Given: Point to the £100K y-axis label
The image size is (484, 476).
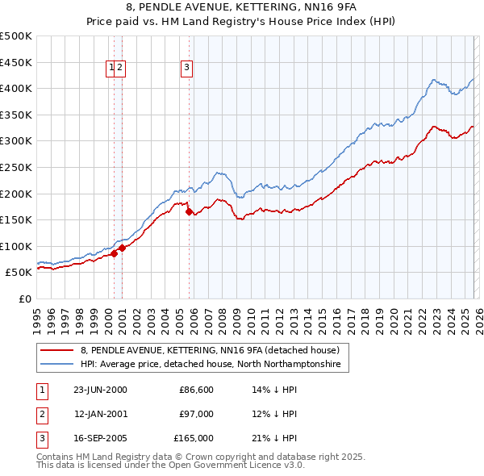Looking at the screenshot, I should click(x=17, y=246).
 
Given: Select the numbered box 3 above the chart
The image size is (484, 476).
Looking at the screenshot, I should click(x=186, y=69).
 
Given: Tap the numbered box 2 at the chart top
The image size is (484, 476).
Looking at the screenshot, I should click(x=119, y=69).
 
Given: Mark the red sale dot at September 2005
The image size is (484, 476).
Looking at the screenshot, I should click(x=189, y=212).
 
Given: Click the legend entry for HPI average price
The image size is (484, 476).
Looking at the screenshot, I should click(x=211, y=365).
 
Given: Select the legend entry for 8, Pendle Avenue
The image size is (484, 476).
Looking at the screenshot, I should click(x=215, y=350).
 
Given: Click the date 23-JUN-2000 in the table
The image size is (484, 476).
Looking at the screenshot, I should click(x=100, y=390).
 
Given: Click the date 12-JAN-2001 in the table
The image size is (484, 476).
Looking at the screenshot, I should click(x=100, y=414).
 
